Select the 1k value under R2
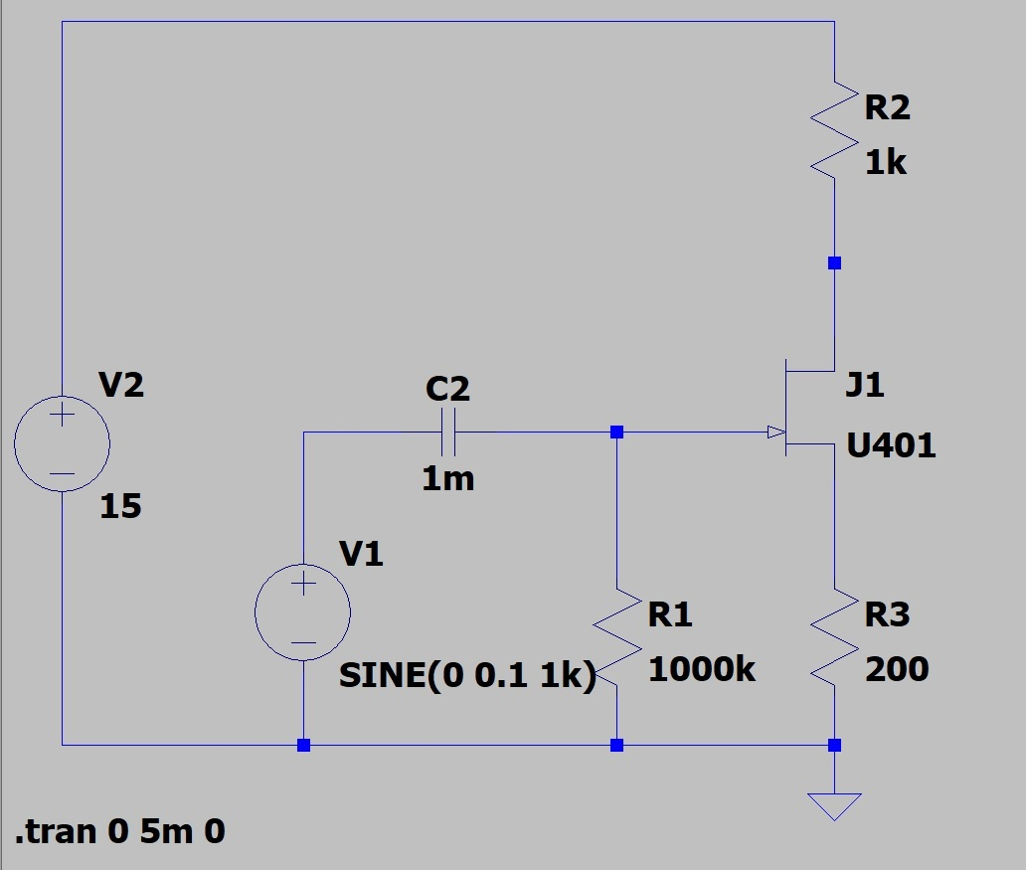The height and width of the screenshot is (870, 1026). tap(885, 163)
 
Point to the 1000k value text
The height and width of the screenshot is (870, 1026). tap(702, 669)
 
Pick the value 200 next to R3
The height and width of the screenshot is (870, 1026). tap(897, 669)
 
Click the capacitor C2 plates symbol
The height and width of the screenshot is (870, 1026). tap(448, 433)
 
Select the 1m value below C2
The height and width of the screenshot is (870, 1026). tap(448, 479)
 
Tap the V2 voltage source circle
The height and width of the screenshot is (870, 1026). tap(62, 443)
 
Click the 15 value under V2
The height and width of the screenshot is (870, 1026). tap(120, 507)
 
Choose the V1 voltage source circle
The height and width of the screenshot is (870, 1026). tap(302, 612)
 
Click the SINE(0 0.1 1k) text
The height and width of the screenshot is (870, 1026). tap(467, 676)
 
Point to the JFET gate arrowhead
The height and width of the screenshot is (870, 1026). tap(775, 433)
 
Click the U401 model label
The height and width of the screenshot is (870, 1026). tap(891, 446)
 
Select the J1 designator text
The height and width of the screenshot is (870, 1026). tap(864, 385)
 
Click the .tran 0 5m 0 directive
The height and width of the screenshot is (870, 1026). tap(120, 831)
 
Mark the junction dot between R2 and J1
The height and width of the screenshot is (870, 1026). tap(834, 263)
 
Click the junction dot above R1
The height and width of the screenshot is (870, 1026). tap(617, 433)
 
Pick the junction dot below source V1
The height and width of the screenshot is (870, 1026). tap(303, 745)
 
